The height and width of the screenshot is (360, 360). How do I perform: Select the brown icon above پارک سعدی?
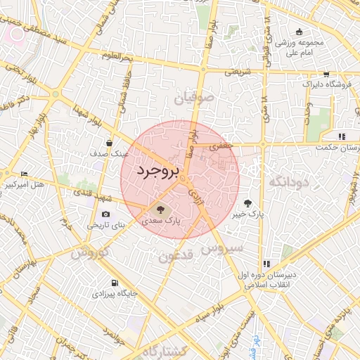[158, 209]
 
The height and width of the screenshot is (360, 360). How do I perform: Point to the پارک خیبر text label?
[249, 213]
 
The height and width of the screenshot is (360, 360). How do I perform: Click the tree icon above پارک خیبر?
[247, 202]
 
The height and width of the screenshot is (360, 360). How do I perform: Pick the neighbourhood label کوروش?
[91, 252]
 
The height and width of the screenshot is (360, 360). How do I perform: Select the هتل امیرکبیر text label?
[25, 185]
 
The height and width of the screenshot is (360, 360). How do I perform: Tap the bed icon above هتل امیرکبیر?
[25, 174]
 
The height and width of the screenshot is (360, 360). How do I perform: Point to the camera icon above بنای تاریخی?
[105, 214]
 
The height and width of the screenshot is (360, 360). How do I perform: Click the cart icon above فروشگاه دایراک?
[326, 74]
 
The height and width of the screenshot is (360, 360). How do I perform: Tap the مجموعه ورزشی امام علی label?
[300, 46]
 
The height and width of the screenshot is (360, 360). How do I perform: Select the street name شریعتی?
[237, 71]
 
